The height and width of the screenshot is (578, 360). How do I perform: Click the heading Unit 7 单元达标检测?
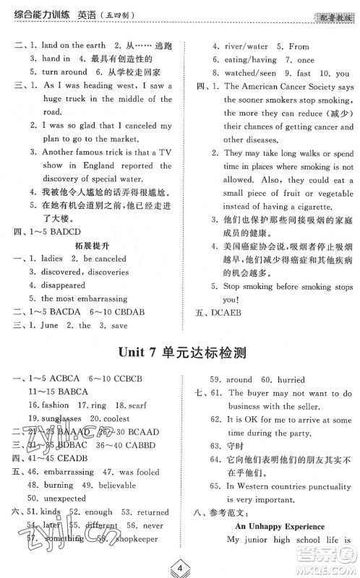179,353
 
